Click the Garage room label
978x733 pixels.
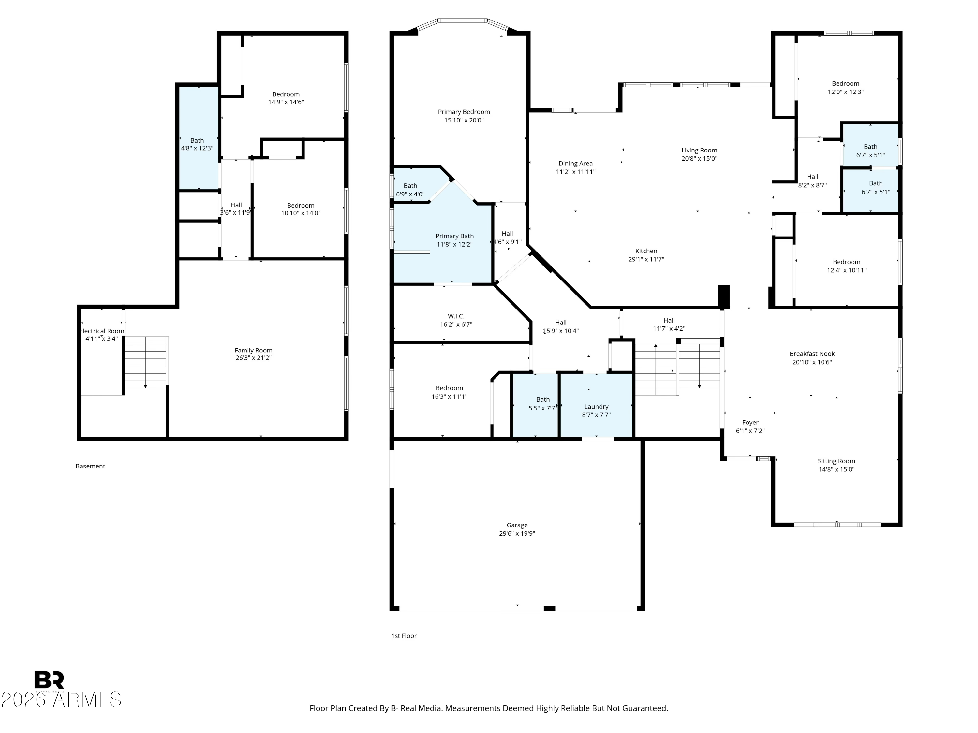tap(517, 525)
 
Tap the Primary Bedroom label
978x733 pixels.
tap(464, 112)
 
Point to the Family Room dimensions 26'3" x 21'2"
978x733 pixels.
tap(253, 358)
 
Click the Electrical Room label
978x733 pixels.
tap(102, 331)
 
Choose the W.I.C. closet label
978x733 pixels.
tap(456, 316)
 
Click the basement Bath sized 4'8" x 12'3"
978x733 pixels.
tap(198, 138)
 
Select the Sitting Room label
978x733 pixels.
tap(836, 461)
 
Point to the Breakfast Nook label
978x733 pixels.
tap(812, 353)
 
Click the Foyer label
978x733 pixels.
tap(750, 423)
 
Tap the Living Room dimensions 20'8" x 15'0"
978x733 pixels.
tap(699, 159)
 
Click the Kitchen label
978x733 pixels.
tap(646, 251)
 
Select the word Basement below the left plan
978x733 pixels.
tap(90, 466)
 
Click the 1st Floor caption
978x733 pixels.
tap(404, 636)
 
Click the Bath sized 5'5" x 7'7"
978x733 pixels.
tap(535, 406)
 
